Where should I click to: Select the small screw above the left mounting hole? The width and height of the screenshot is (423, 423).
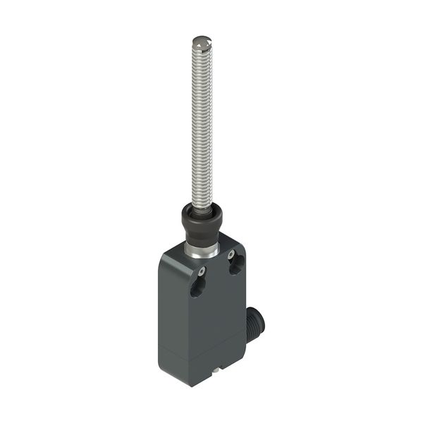[x=202, y=271]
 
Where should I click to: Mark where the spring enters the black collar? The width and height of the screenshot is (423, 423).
[x=202, y=206]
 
